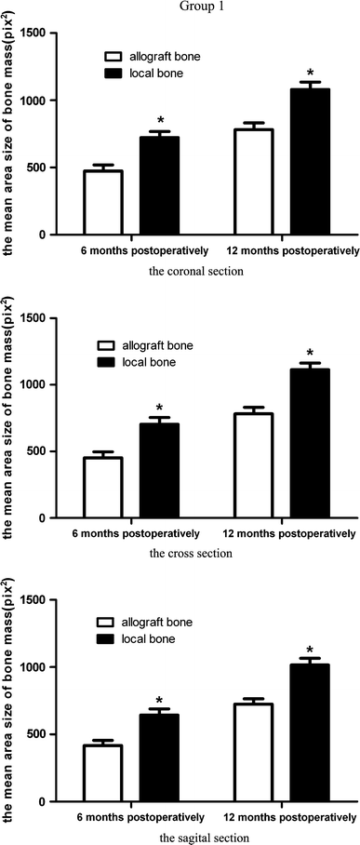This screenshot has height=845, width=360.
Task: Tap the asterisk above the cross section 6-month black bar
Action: (159, 409)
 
